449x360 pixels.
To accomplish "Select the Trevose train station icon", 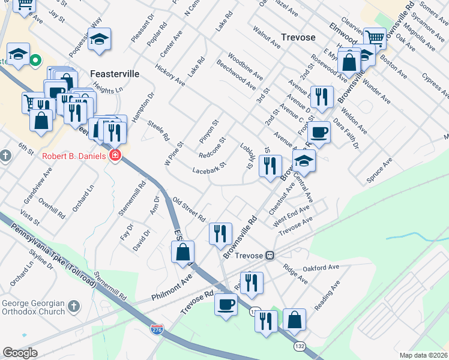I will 270,256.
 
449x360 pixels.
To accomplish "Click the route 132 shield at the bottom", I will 300,346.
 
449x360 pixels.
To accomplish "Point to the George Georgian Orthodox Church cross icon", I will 74,307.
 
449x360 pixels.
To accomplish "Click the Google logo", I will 20,352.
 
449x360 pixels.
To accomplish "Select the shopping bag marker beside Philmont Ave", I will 183,251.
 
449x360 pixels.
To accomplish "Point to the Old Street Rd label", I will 189,209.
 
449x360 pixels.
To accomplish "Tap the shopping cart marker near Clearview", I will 375,38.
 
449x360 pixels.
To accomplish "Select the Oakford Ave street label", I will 321,267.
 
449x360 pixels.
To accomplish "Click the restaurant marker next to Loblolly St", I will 270,164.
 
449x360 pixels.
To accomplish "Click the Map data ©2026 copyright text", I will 424,355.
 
